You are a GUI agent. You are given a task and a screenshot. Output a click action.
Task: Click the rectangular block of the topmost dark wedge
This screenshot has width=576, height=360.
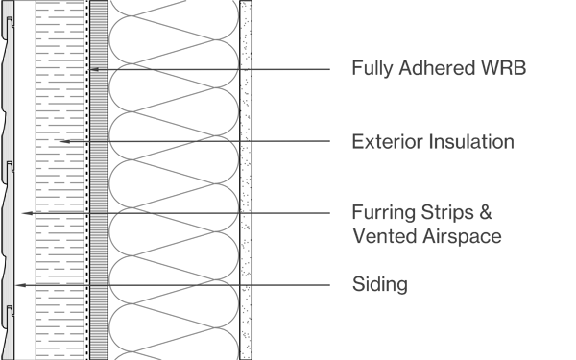[135, 76]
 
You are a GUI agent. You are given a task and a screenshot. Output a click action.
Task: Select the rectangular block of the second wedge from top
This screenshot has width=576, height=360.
[211, 147]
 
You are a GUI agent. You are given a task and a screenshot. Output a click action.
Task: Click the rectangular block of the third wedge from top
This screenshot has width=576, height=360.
[134, 220]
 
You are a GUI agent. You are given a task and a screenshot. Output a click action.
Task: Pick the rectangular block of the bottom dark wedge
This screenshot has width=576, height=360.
[211, 291]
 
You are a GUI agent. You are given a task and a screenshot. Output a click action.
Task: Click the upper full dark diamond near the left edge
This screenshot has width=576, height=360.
[25, 213]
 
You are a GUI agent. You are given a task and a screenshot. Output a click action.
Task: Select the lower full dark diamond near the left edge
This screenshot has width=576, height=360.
[25, 285]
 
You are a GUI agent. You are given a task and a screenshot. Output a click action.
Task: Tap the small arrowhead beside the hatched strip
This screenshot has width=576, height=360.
[95, 69]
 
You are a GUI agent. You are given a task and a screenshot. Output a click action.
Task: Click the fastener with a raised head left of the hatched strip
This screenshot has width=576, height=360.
[67, 141]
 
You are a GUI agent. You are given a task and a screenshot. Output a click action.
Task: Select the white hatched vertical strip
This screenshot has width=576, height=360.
[99, 180]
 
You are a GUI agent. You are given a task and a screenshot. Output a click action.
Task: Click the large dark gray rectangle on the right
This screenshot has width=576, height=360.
[396, 180]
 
